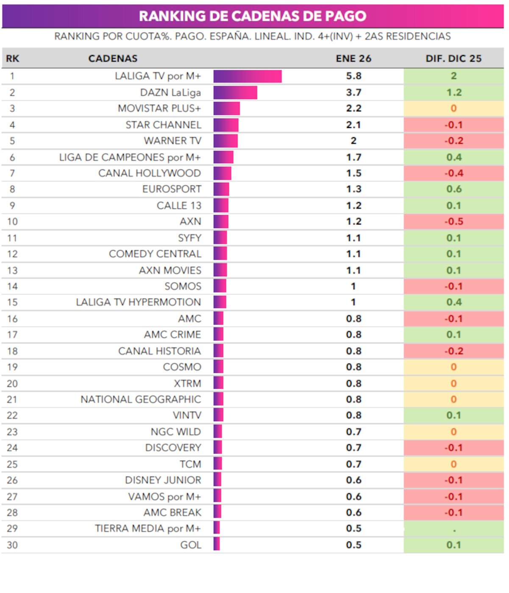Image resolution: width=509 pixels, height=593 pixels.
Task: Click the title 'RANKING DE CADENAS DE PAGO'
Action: tap(253, 16)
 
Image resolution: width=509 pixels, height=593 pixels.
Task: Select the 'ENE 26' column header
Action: tap(353, 58)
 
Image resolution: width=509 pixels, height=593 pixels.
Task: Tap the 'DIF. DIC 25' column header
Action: tap(453, 58)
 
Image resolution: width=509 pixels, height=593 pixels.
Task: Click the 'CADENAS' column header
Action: tap(113, 58)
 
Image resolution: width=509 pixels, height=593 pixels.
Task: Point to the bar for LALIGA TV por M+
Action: tap(248, 76)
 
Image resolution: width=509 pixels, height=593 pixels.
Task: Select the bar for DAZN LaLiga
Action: tap(235, 92)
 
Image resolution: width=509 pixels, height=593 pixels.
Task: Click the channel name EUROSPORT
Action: tap(172, 189)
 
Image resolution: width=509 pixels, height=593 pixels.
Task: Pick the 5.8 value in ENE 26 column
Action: tap(353, 76)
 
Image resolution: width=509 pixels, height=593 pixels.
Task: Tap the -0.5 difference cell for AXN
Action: tap(453, 222)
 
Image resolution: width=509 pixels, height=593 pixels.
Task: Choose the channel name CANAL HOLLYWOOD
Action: tap(149, 173)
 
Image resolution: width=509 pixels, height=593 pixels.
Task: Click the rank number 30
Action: tap(12, 545)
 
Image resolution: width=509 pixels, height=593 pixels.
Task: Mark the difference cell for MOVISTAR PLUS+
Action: tap(453, 108)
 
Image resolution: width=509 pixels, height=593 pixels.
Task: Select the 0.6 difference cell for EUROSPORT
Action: tap(453, 189)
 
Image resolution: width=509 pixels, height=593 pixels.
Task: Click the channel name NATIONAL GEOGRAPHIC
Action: tap(141, 399)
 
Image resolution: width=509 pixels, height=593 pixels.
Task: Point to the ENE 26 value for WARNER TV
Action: tap(353, 141)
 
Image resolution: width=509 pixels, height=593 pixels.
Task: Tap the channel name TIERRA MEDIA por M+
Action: tap(147, 529)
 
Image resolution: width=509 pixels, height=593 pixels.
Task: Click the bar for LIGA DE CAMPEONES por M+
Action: tap(223, 157)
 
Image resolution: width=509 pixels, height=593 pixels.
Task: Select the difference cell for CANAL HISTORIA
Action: tap(453, 351)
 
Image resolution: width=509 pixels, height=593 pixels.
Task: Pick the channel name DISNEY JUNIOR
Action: tap(163, 480)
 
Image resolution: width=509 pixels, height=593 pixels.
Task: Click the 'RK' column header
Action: tap(12, 58)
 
